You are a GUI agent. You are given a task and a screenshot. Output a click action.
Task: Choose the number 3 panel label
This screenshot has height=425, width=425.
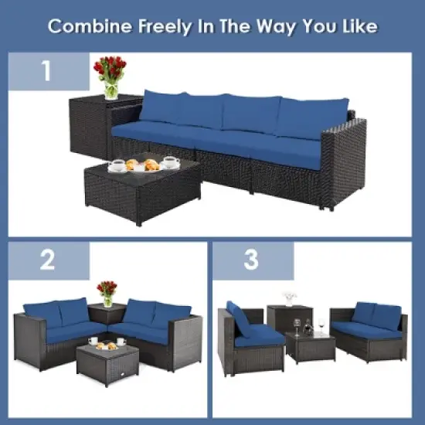[x=251, y=261]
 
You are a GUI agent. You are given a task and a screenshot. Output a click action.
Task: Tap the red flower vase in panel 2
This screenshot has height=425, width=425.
[x=107, y=293]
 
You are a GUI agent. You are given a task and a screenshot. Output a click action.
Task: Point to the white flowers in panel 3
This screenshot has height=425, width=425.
[x=290, y=297]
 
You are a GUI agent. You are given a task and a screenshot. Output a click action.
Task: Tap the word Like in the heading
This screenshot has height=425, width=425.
[x=357, y=26]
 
